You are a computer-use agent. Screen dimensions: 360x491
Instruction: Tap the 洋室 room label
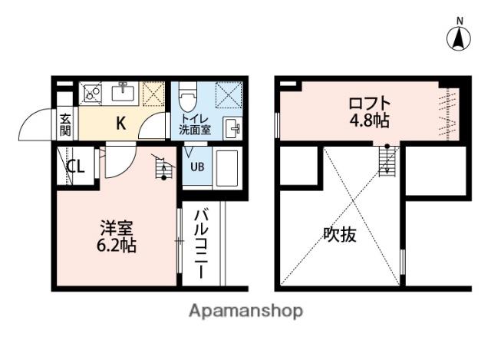pyautogui.click(x=118, y=228)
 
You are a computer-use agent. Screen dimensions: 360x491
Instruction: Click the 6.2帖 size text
pyautogui.click(x=118, y=247)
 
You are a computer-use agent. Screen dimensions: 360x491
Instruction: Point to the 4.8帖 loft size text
pyautogui.click(x=370, y=121)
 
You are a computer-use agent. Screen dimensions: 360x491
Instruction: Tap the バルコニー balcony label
pyautogui.click(x=200, y=241)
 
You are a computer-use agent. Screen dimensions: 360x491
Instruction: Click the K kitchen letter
pyautogui.click(x=121, y=123)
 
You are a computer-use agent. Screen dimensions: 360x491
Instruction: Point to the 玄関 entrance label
pyautogui.click(x=66, y=124)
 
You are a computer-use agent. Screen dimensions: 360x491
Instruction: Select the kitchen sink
pyautogui.click(x=123, y=94)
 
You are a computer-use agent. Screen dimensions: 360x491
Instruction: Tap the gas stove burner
pyautogui.click(x=93, y=94)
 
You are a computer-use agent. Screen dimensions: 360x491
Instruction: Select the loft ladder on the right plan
pyautogui.click(x=387, y=160)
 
